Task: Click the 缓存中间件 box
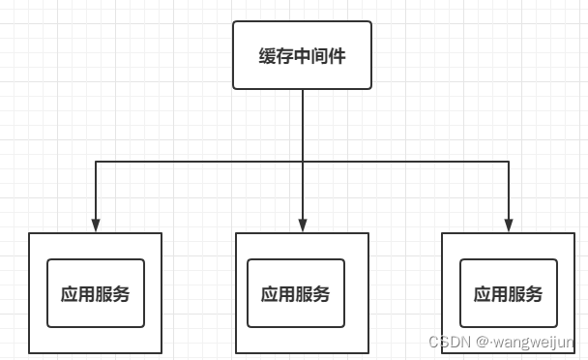(x=302, y=55)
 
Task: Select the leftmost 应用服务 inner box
(x=95, y=293)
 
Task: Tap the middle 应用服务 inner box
(x=295, y=293)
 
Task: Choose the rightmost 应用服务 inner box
(x=508, y=293)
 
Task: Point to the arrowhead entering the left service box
(x=96, y=226)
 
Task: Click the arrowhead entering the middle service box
(x=303, y=226)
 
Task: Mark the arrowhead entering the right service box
(x=509, y=226)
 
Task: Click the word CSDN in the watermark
(x=446, y=343)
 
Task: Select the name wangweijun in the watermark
(x=534, y=343)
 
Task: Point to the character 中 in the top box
(x=302, y=56)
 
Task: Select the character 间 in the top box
(x=319, y=56)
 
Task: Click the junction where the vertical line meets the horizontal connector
(x=303, y=162)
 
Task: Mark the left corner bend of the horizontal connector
(x=96, y=162)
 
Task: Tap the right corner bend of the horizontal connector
(x=509, y=162)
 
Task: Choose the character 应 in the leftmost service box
(x=70, y=294)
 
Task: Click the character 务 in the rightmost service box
(x=534, y=294)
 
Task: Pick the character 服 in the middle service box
(x=304, y=294)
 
